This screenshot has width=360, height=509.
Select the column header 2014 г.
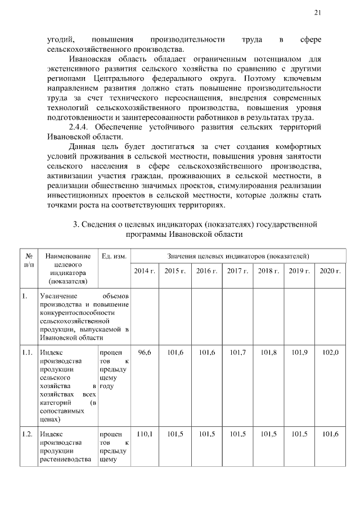coord(145,271)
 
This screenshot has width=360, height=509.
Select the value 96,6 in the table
coord(145,352)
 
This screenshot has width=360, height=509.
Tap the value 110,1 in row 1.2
coord(145,434)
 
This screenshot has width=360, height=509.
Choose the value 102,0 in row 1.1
coord(330,352)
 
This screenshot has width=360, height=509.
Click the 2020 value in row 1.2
coord(330,434)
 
